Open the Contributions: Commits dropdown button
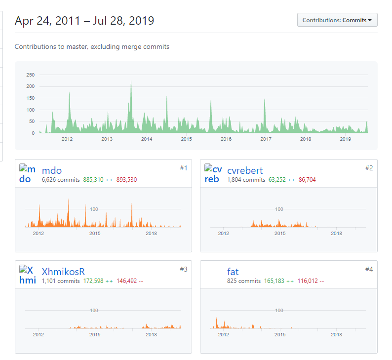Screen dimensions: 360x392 (x=337, y=20)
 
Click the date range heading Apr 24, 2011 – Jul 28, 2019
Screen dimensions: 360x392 (x=84, y=21)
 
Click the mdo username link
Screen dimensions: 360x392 (x=52, y=170)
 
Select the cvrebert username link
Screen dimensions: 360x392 (x=245, y=170)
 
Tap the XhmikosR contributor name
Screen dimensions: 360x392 (x=63, y=272)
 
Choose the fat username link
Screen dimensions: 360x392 (x=233, y=272)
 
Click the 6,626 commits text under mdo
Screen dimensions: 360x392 (x=61, y=180)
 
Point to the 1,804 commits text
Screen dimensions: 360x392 (x=246, y=180)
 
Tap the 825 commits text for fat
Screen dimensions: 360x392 (x=244, y=281)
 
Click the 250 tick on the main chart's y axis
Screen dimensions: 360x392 (x=30, y=75)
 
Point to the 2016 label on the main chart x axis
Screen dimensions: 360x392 (x=226, y=139)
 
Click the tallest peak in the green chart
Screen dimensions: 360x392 (x=131, y=82)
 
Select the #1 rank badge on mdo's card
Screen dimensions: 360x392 (x=183, y=168)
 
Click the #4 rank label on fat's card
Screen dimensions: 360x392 (x=369, y=269)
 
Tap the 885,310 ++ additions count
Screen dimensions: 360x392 (x=98, y=180)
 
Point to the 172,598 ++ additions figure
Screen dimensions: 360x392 (x=98, y=281)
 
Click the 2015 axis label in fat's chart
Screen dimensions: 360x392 (x=280, y=334)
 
